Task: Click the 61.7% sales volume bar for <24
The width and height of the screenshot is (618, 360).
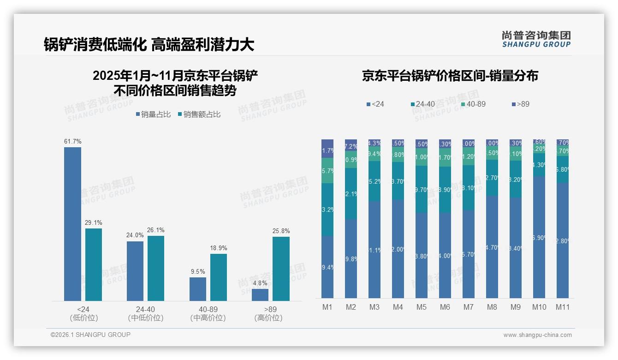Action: coord(72,224)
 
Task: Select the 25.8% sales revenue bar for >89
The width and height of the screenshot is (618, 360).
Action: coord(281,269)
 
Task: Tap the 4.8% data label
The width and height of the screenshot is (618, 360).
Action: coord(260,283)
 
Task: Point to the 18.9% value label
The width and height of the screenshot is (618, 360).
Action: coord(219,248)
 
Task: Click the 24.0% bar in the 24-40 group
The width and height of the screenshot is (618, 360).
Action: coord(135,271)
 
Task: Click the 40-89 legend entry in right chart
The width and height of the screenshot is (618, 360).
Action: coord(473,104)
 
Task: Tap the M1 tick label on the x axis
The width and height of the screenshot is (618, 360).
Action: coord(327,307)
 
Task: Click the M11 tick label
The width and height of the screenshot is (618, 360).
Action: coord(562,307)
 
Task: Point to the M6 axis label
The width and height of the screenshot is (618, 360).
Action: coord(445,307)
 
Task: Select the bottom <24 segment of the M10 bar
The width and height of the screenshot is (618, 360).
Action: coord(539,237)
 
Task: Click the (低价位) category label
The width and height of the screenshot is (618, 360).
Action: coord(83,318)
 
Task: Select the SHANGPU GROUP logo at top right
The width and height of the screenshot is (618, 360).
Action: coord(536,39)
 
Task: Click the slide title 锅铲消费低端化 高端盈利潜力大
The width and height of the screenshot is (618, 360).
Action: coord(149,44)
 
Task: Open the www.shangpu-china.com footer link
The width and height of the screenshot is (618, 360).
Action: coord(537,335)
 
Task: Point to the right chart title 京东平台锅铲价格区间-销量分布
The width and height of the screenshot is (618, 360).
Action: coord(450,76)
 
